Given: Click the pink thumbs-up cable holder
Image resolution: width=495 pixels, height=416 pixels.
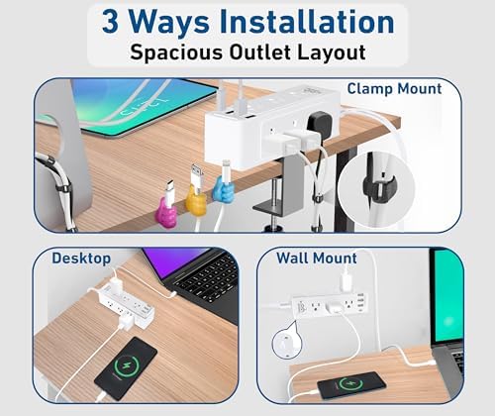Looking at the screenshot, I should pos(166,209).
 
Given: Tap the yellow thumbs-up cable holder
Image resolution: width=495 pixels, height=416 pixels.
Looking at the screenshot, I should pos(193,206).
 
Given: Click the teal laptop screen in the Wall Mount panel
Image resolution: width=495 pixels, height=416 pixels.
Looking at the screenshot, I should pos(447,287).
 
